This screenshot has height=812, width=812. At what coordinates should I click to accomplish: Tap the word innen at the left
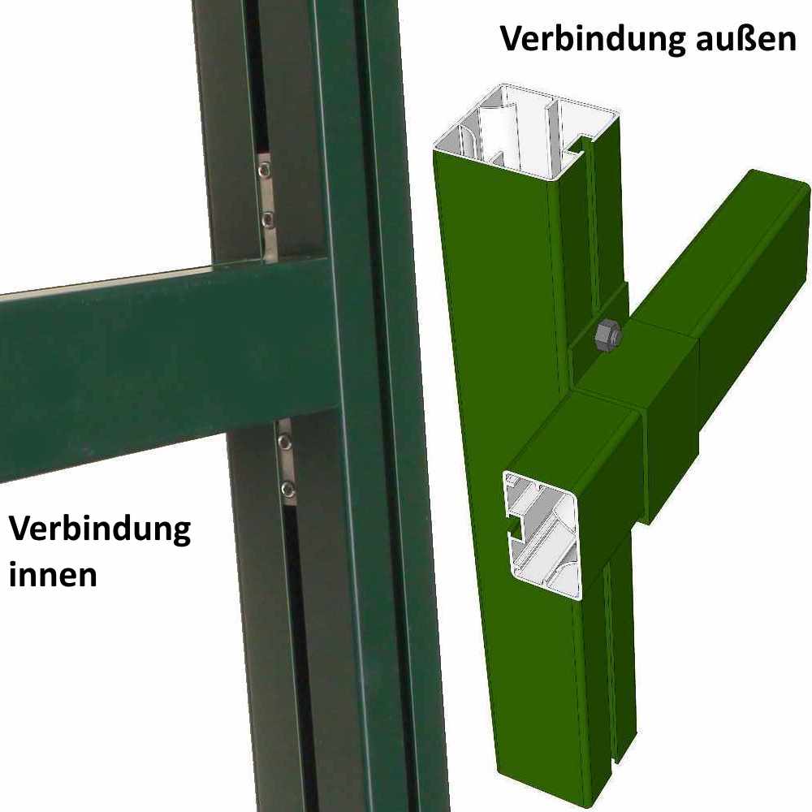(x=53, y=573)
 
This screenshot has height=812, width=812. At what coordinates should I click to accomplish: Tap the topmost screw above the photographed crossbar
(x=265, y=170)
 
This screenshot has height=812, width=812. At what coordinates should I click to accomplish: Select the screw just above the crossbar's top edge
(x=267, y=218)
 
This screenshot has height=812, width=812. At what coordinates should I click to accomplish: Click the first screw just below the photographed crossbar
(x=284, y=442)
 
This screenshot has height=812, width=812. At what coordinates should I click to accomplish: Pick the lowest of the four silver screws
(x=287, y=488)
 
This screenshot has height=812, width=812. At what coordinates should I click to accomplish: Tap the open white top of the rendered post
(x=520, y=130)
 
